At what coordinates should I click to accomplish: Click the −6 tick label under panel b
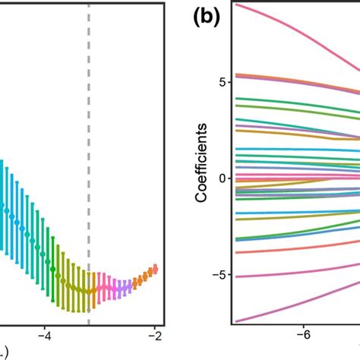306,335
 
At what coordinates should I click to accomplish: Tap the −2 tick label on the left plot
155,335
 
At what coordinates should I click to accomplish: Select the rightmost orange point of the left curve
155,268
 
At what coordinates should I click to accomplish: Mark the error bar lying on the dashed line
89,291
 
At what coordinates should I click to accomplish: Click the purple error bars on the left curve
122,287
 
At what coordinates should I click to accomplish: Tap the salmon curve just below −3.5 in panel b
304,248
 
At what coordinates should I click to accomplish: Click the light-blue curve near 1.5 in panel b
304,150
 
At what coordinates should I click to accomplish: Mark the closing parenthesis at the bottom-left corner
5,354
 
